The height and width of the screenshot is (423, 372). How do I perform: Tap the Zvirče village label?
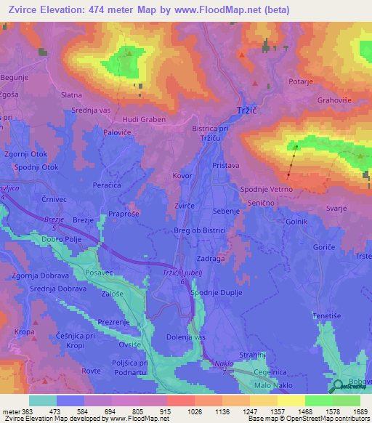[185, 206]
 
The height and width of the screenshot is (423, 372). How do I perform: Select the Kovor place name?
[182, 175]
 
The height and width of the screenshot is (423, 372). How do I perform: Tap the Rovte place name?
[92, 371]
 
